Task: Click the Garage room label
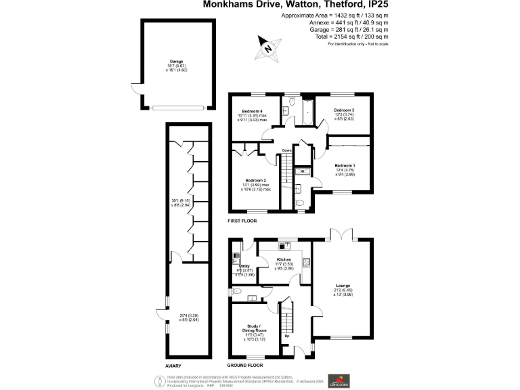[x=176, y=61]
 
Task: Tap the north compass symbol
[x=269, y=49]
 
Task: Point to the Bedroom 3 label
[x=344, y=110]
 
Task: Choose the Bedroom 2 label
[x=256, y=180]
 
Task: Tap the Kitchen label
[x=284, y=260]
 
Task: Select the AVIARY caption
[x=174, y=365]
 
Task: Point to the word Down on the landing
[x=287, y=150]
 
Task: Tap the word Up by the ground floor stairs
[x=286, y=336]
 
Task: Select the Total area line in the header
[x=358, y=38]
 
